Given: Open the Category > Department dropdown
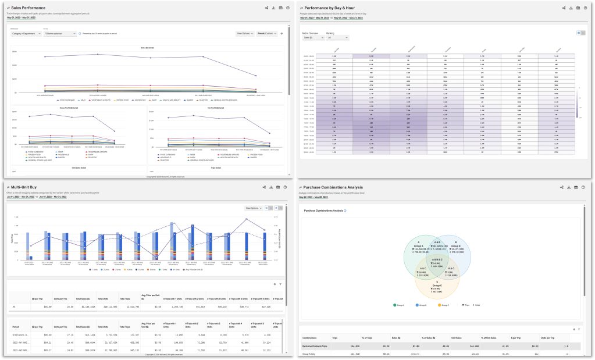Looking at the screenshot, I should point(26,34).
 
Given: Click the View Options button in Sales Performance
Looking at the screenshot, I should point(245,34).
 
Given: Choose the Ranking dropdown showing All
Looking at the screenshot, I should point(337,38).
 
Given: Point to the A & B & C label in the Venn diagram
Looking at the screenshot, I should point(437,259).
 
